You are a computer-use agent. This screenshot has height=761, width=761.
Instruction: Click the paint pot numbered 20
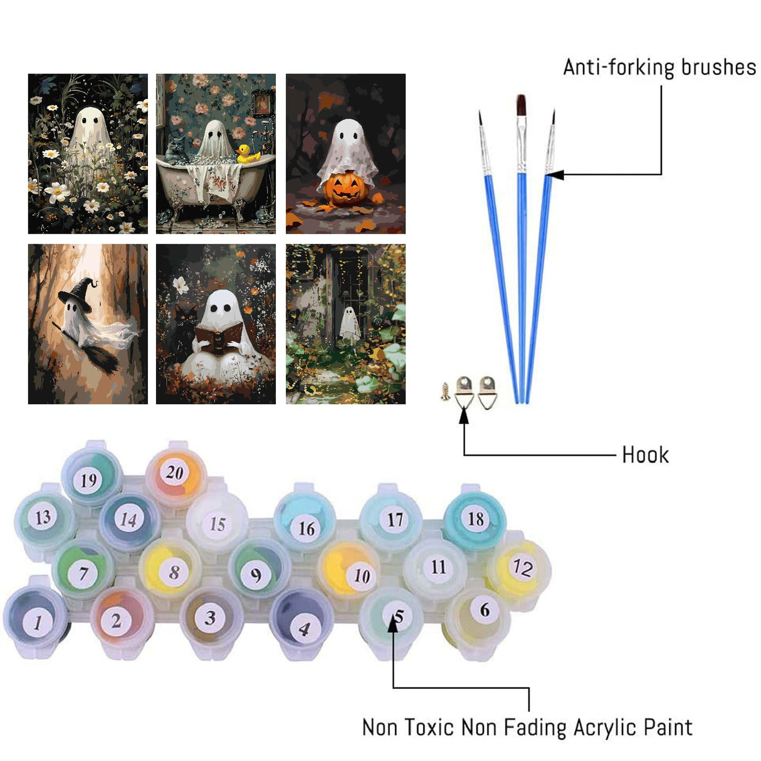tap(174, 473)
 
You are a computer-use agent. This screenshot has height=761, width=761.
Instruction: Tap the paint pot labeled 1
tap(37, 621)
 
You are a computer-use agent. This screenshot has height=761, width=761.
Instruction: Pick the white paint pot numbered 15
tap(217, 523)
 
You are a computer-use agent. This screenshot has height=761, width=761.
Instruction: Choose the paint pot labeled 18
tap(475, 518)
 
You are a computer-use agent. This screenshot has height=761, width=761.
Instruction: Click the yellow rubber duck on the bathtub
tap(248, 154)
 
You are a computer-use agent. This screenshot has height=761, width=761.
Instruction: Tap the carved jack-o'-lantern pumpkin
tap(345, 189)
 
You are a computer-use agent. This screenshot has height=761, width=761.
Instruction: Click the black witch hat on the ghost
tap(77, 291)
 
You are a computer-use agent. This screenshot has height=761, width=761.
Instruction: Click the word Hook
tap(645, 454)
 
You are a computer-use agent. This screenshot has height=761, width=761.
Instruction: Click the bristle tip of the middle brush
tap(520, 105)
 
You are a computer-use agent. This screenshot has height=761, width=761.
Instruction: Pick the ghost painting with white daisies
tap(88, 154)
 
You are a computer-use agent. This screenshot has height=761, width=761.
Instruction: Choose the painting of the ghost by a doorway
tap(345, 323)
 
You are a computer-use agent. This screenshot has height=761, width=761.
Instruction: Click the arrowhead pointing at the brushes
tap(556, 174)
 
